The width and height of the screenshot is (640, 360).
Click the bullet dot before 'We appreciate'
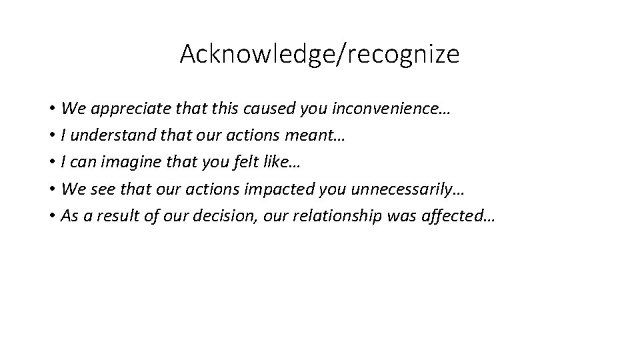[51, 109]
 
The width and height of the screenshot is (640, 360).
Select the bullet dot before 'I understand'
[51, 135]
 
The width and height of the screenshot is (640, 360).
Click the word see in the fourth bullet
[97, 189]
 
